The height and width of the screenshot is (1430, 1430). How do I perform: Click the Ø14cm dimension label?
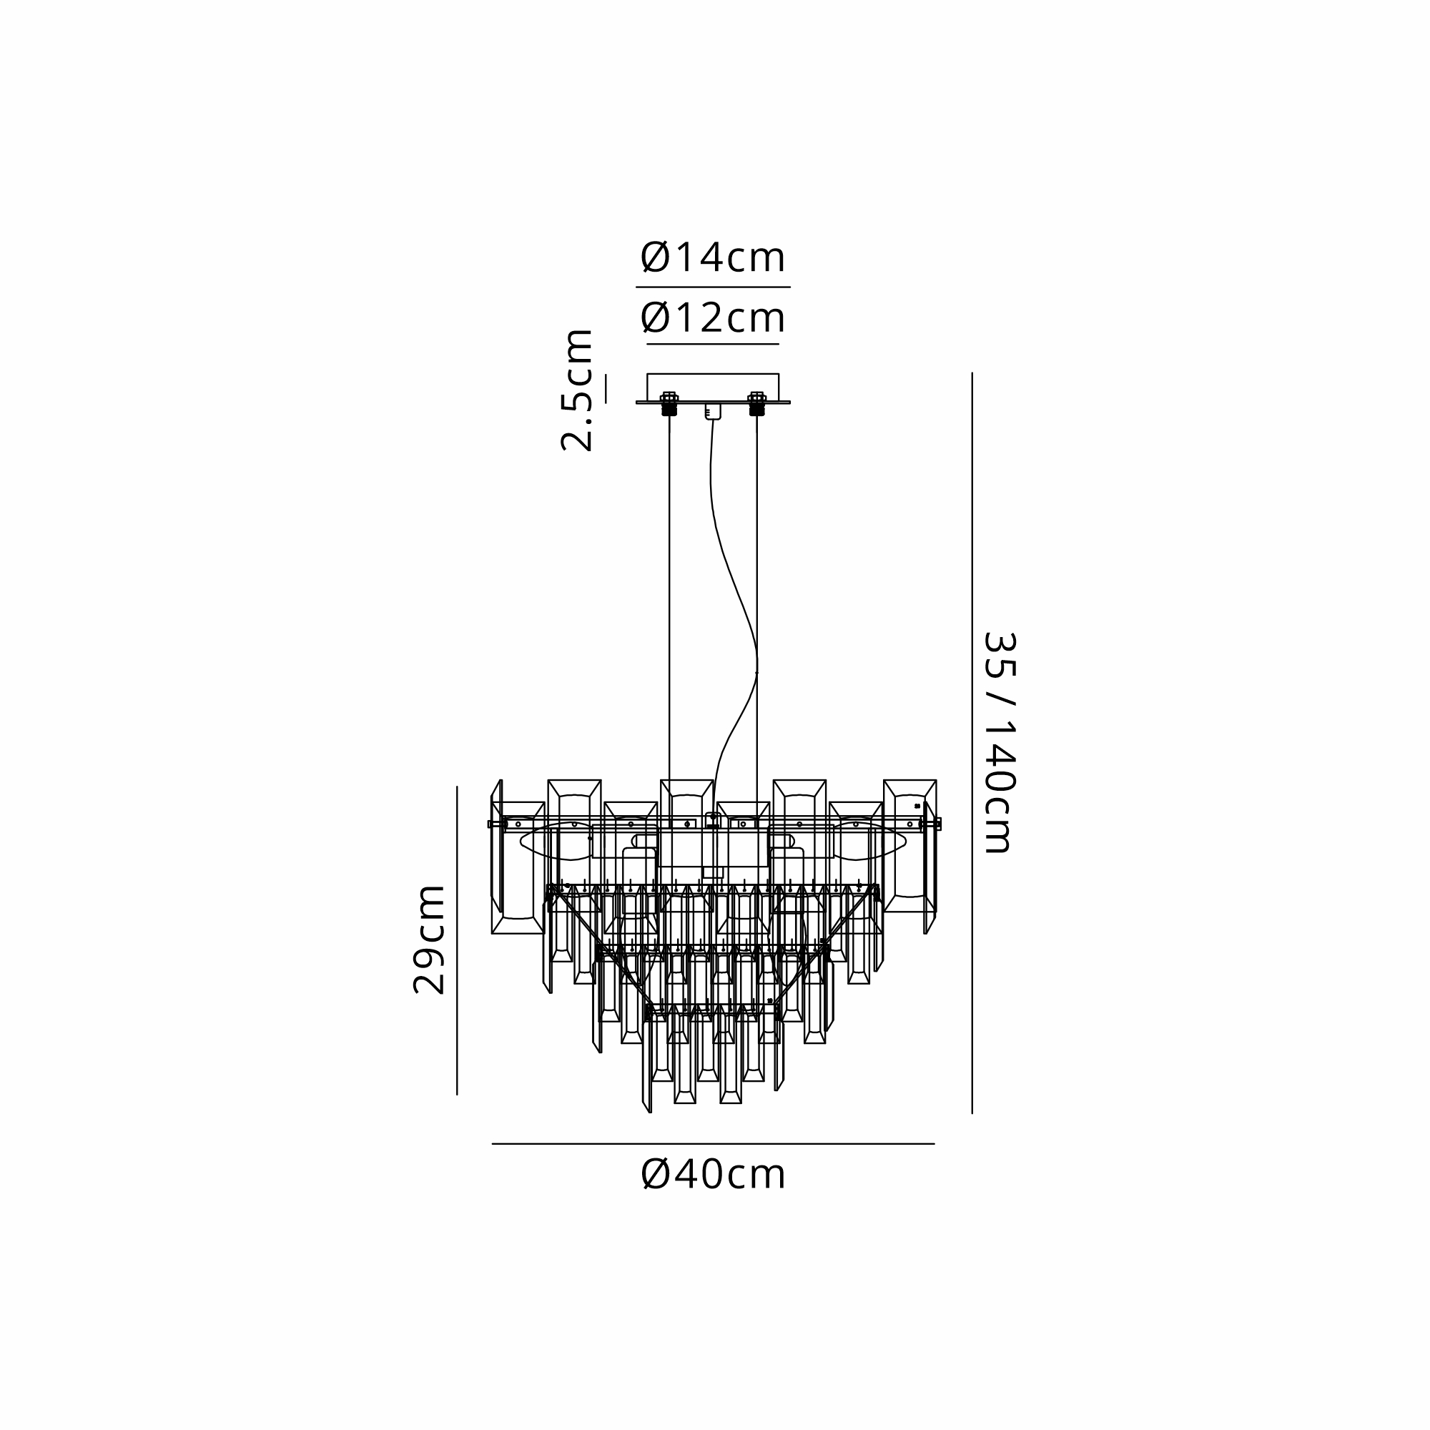tap(712, 258)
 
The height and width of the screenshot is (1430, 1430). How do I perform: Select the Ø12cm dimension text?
tap(712, 318)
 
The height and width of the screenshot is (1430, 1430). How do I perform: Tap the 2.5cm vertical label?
tap(576, 390)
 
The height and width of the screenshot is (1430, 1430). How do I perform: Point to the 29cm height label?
tap(429, 940)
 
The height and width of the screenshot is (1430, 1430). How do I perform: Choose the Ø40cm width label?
tap(713, 1175)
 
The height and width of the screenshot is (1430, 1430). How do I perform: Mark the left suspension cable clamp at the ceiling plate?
tap(669, 404)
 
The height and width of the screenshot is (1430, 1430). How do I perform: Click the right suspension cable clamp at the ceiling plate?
tap(756, 404)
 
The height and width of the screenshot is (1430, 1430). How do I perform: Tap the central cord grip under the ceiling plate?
tap(713, 412)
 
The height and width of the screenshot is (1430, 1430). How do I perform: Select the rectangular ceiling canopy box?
tap(713, 386)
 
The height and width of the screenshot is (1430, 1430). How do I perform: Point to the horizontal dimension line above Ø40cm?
tap(713, 1143)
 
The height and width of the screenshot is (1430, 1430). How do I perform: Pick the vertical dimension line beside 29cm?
tap(457, 940)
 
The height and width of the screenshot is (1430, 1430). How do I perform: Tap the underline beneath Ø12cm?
tap(713, 344)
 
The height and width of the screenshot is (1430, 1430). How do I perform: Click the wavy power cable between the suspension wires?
tap(733, 592)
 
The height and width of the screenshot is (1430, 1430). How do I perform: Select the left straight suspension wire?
tap(669, 592)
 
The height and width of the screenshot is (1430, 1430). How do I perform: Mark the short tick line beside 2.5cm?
tap(605, 388)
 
